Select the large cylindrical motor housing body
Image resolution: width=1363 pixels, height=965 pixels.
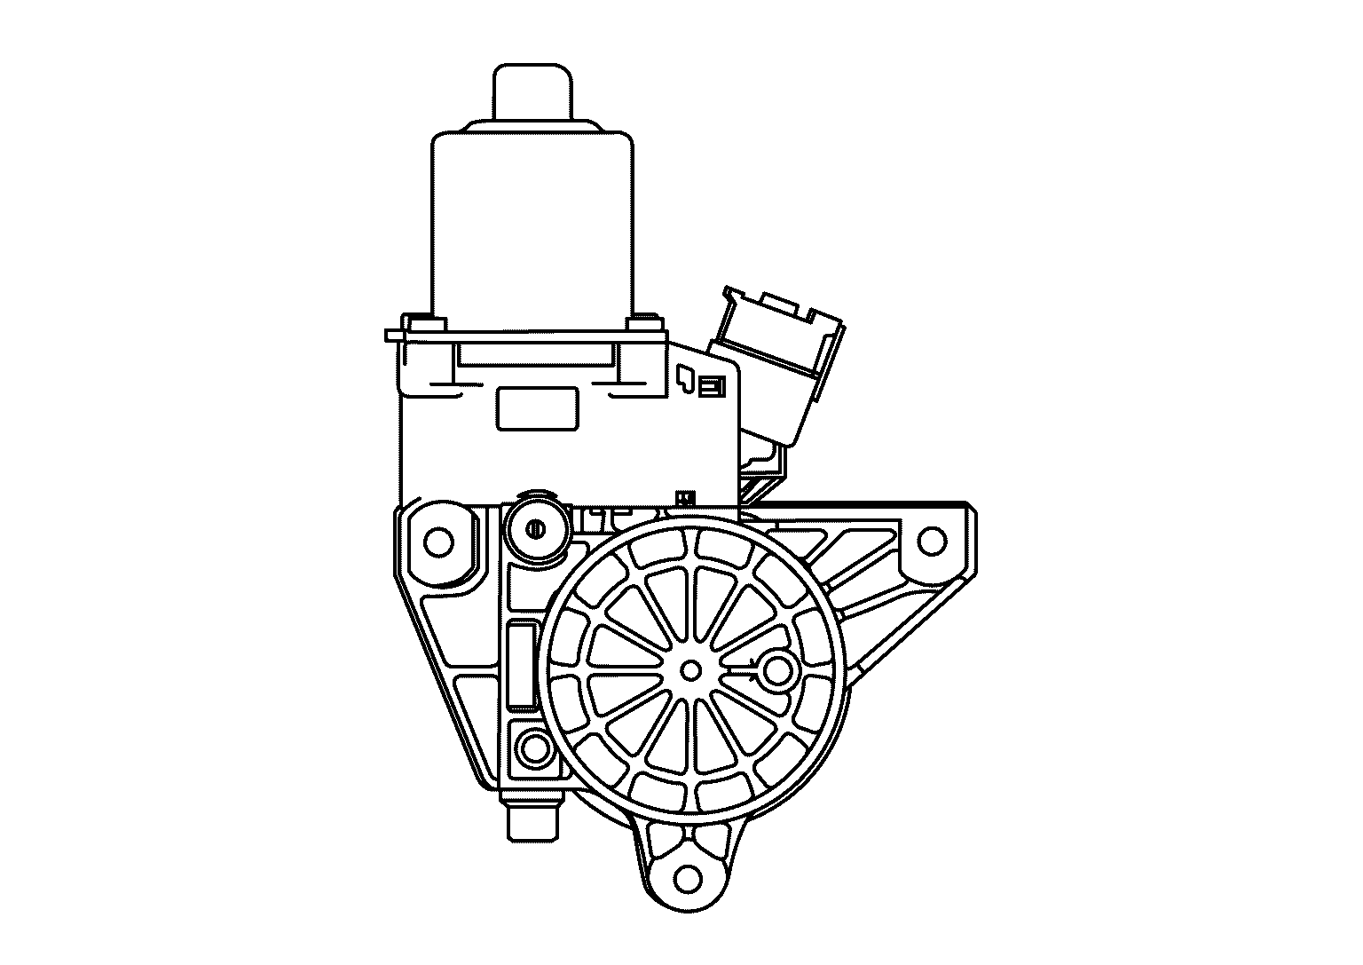(x=532, y=222)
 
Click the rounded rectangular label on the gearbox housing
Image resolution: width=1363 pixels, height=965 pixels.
(x=537, y=409)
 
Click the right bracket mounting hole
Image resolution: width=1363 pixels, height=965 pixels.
(x=931, y=539)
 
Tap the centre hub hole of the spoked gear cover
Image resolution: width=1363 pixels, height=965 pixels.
(x=690, y=669)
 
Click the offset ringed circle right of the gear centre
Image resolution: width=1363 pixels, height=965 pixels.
(x=777, y=670)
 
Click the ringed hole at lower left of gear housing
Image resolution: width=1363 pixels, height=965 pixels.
(x=535, y=749)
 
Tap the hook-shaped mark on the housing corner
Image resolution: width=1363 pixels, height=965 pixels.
(x=685, y=380)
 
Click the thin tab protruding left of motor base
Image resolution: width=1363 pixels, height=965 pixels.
(x=394, y=335)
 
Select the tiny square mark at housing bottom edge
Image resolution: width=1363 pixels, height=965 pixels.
(x=684, y=498)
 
